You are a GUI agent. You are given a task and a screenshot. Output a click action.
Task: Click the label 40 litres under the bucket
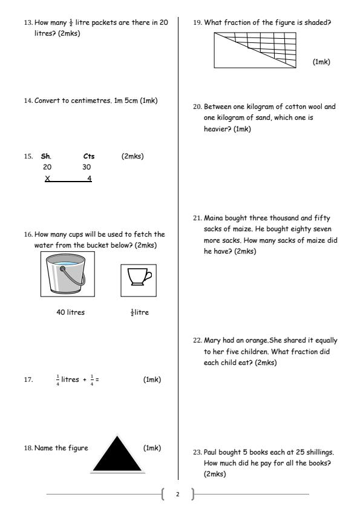pyautogui.click(x=67, y=313)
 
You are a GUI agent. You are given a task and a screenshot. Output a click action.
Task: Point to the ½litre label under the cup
pyautogui.click(x=140, y=313)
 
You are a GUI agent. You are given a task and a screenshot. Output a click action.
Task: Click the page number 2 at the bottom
pyautogui.click(x=178, y=494)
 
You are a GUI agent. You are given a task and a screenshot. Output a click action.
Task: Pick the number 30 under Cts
pyautogui.click(x=86, y=166)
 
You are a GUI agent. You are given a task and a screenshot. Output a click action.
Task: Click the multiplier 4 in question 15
pyautogui.click(x=89, y=178)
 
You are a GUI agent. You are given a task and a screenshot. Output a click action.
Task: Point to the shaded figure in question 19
pyautogui.click(x=255, y=50)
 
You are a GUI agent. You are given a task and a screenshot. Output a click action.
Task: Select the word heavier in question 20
pyautogui.click(x=215, y=129)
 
